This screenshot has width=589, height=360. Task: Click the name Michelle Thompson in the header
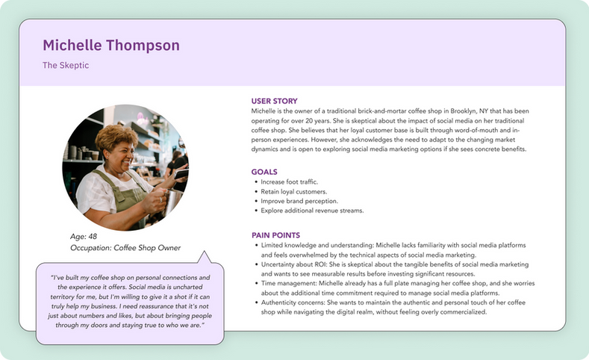click(x=111, y=46)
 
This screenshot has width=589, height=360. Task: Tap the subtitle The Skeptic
click(x=66, y=66)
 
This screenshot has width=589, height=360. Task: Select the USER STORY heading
click(x=275, y=101)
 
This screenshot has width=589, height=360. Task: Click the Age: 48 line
click(x=84, y=237)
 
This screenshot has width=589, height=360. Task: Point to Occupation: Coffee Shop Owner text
click(x=125, y=248)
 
